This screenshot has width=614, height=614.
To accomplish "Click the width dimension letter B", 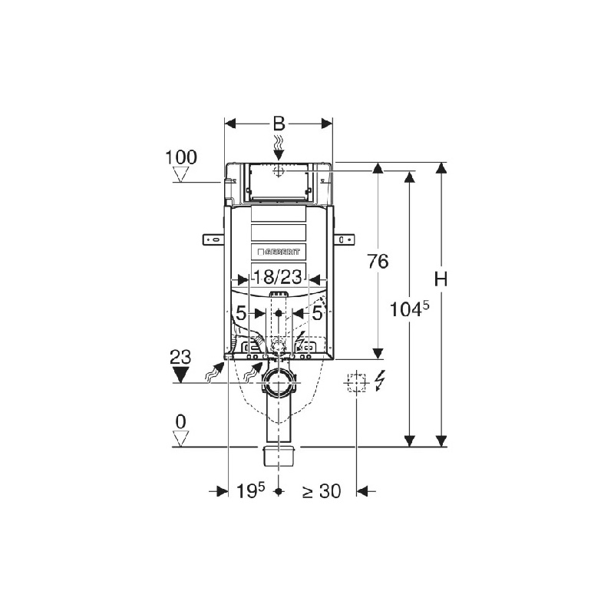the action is point(279,124).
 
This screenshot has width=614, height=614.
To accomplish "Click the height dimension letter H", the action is point(441,279).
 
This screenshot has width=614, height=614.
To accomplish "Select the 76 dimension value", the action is point(378,261).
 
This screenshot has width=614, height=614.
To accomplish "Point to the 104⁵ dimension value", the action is point(410,309).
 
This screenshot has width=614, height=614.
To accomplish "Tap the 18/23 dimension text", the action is point(278,277).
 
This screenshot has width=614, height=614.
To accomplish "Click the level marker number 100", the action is point(181,157).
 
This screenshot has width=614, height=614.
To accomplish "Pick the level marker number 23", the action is point(180,357).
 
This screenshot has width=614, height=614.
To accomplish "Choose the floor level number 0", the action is point(180,421).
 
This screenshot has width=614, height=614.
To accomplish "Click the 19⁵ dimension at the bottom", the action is point(251,490).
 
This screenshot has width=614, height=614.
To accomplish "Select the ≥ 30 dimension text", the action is point(322,491).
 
